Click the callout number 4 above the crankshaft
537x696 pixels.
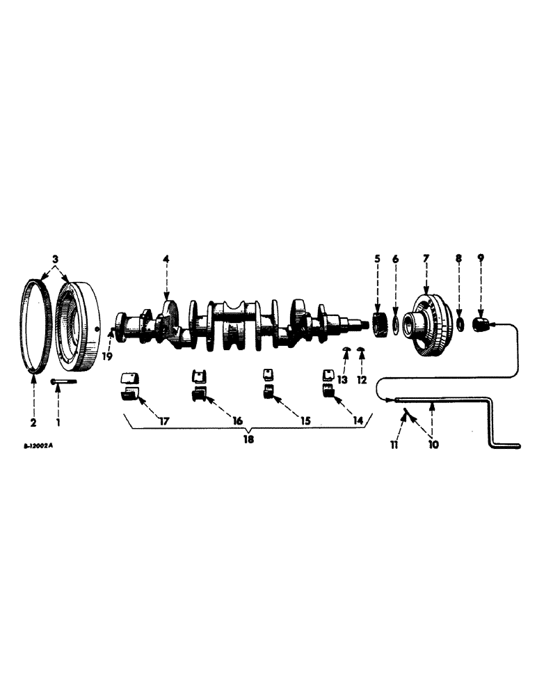point(166,259)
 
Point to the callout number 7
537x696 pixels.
point(425,259)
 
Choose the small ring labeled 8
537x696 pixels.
point(459,324)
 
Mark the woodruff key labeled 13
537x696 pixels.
point(346,349)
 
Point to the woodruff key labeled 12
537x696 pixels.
point(361,348)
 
